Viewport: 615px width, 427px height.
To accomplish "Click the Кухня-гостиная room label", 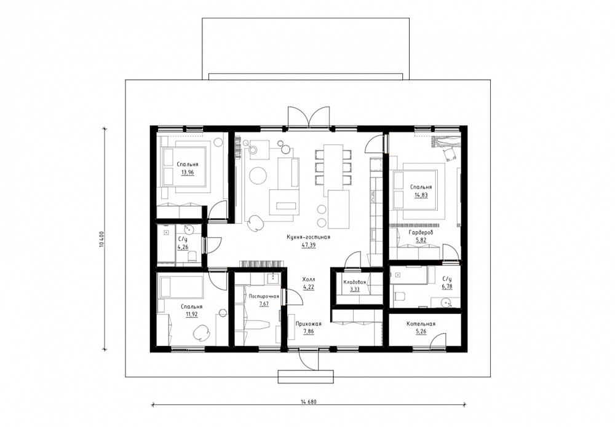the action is pos(308,237).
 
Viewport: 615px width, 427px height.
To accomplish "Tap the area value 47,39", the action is pos(309,245).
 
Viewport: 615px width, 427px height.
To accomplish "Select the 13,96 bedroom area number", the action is pos(188,172).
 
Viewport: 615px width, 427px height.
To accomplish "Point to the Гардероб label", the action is pos(421,233).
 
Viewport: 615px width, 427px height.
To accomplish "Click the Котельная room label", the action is pos(421,324).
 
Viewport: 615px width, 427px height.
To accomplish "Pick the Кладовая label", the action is pos(355,282).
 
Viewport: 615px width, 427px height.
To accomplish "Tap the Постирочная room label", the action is pos(264,296).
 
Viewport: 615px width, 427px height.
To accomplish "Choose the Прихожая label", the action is pos(309,324).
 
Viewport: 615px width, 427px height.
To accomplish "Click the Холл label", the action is pos(309,280).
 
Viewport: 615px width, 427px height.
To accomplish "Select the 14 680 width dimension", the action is pos(308,402).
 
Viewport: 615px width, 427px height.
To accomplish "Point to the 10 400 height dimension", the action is pos(102,240).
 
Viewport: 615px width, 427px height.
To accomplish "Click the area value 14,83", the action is pos(421,195).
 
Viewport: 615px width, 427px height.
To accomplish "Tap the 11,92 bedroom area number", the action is pos(192,314).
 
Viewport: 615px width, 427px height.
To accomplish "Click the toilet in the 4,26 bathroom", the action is pos(192,257).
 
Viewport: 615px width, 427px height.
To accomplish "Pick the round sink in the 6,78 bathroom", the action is pos(445,302).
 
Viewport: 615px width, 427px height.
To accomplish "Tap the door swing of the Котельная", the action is pos(438,340).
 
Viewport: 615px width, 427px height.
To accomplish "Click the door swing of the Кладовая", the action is pos(352,260).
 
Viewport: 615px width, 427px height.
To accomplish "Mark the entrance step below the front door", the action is pos(306,377).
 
